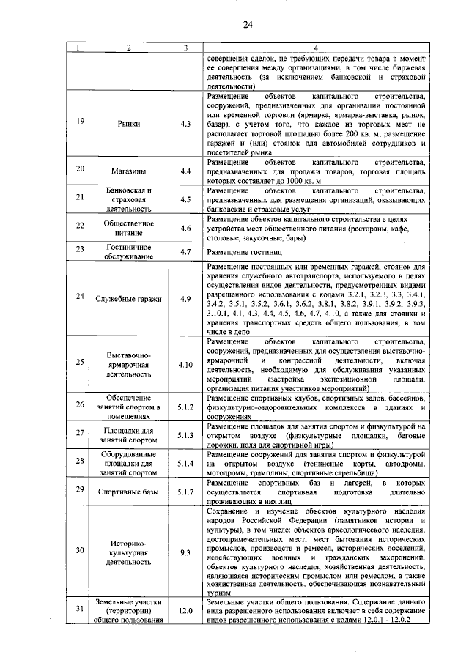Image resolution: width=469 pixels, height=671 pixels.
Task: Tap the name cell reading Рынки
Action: click(x=128, y=124)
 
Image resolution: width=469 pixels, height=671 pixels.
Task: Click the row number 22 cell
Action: click(x=80, y=227)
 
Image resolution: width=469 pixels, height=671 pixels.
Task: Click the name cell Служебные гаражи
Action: click(x=128, y=298)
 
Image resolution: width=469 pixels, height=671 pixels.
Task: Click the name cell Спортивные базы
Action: click(x=128, y=492)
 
